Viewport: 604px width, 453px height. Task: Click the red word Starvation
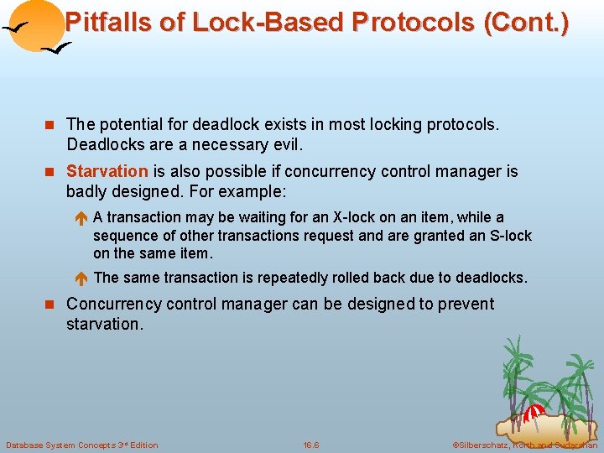(x=107, y=172)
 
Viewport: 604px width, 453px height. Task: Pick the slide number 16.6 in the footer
(x=311, y=445)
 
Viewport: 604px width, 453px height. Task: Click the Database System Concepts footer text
(x=81, y=445)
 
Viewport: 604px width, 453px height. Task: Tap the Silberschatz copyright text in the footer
(x=524, y=445)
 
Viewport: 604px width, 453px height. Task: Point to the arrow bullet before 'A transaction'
(x=82, y=218)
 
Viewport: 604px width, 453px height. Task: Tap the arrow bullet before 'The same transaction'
(x=82, y=278)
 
